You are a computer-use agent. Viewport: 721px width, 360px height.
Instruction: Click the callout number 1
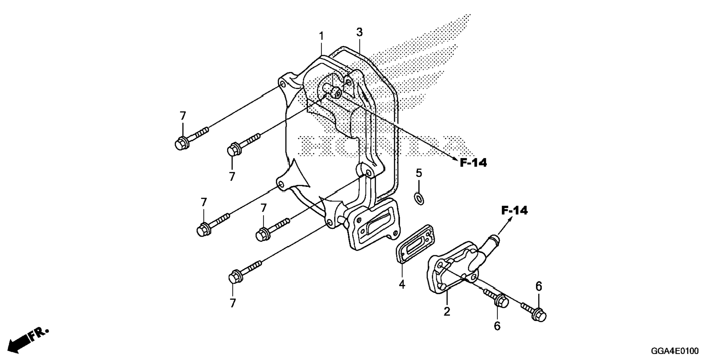[321, 37]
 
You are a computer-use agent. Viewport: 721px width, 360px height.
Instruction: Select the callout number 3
[359, 32]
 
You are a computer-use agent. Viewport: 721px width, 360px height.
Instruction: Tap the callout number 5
[419, 173]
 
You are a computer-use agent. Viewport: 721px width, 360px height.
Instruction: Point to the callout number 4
[402, 284]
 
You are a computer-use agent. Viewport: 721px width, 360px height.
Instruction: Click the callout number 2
[447, 311]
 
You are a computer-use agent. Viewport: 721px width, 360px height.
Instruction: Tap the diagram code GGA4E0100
[675, 351]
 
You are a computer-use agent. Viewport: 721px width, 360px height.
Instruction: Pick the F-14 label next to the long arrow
[473, 162]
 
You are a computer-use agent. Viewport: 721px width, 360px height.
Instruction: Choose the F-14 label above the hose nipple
[514, 211]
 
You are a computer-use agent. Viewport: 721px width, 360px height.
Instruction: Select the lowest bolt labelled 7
[244, 272]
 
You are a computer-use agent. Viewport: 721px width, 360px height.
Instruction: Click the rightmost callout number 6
[539, 286]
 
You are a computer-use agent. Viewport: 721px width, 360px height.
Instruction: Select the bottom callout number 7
[233, 303]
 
